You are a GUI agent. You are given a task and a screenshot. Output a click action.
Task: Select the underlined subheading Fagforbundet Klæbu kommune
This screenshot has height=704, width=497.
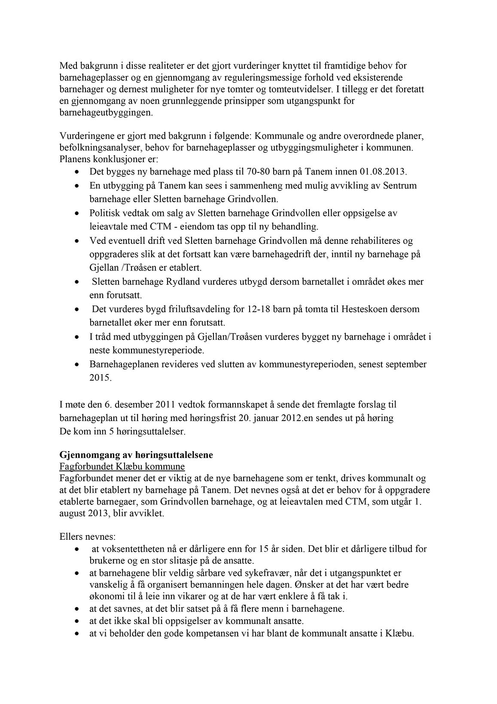pyautogui.click(x=122, y=467)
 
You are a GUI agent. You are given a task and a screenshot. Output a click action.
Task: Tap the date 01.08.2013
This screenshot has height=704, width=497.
pyautogui.click(x=384, y=172)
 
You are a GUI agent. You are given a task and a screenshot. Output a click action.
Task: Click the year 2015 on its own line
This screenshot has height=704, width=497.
pyautogui.click(x=100, y=378)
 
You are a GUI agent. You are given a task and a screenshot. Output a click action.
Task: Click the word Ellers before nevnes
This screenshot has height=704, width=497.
pyautogui.click(x=70, y=537)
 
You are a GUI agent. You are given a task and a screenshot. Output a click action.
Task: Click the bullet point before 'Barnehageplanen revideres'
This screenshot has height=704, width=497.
pyautogui.click(x=77, y=364)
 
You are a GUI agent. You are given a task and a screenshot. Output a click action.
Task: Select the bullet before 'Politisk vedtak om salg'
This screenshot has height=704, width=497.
pyautogui.click(x=77, y=213)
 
